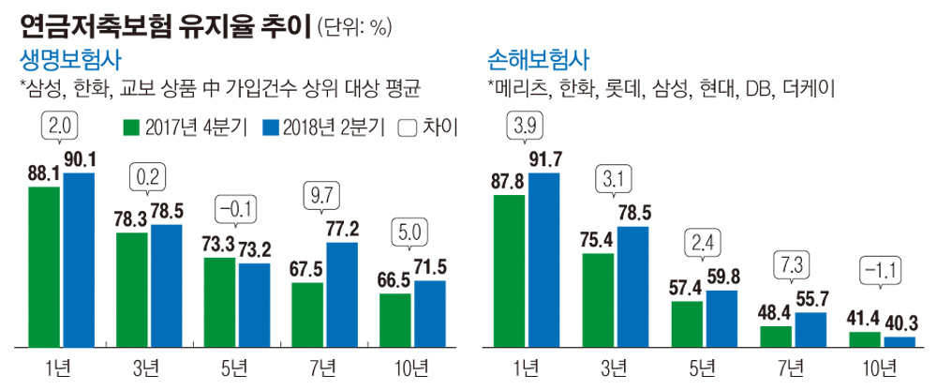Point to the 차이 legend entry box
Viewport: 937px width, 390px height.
(407, 127)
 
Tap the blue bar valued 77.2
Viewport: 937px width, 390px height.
(343, 292)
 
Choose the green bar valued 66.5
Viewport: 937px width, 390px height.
(395, 319)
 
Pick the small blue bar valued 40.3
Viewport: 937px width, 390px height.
(900, 341)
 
